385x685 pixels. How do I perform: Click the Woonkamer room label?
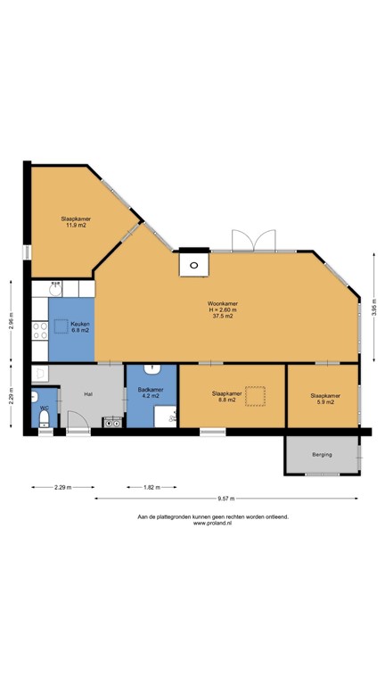[222, 303]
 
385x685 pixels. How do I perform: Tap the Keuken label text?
[80, 324]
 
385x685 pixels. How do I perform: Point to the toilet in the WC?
[44, 418]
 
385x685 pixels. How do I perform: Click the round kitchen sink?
[55, 289]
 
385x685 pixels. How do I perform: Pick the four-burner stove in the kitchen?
[40, 331]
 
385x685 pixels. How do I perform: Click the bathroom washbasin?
[152, 369]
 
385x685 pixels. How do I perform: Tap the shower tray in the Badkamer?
[165, 417]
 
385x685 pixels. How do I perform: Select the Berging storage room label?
[322, 454]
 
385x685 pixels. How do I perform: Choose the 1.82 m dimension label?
[152, 487]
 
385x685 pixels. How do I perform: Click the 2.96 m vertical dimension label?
[12, 320]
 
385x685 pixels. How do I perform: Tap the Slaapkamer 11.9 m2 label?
[76, 222]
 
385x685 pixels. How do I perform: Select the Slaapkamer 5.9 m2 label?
[325, 399]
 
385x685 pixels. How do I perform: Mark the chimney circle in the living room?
[193, 265]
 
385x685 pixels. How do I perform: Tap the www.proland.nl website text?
[212, 523]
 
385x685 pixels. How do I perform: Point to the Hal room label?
[88, 394]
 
